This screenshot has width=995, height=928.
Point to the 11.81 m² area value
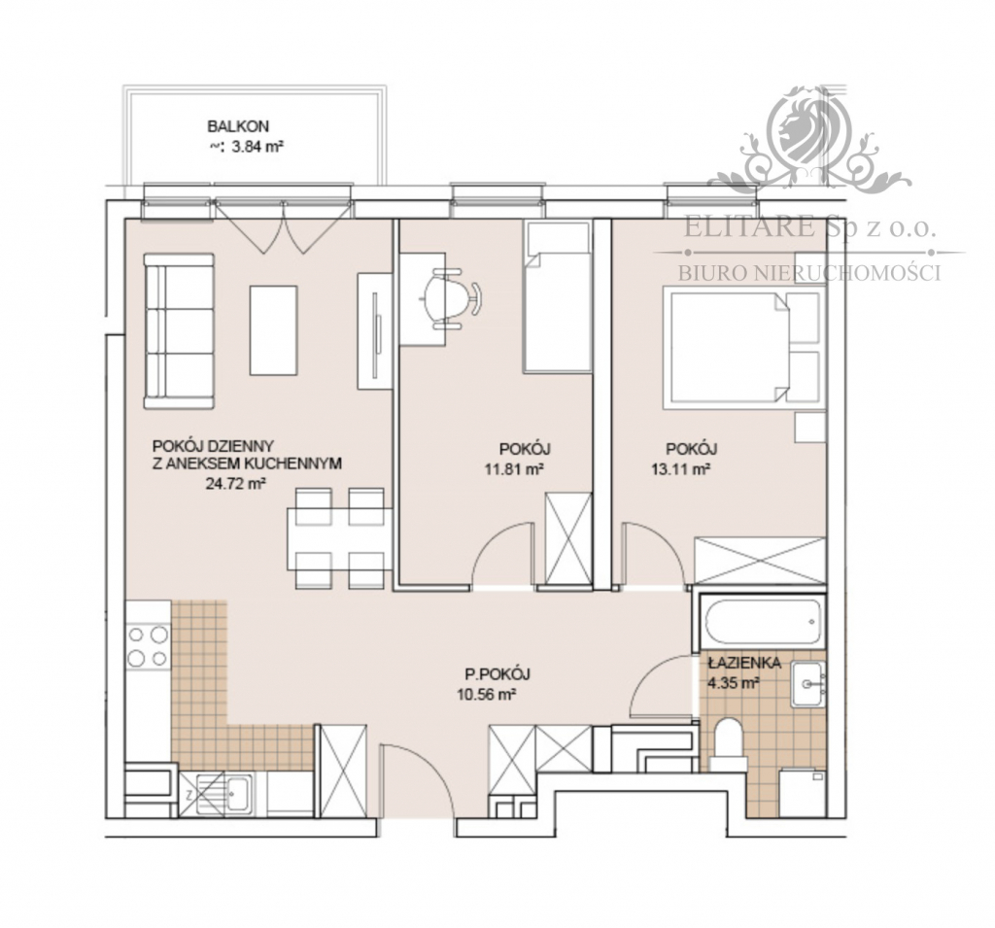coord(515,469)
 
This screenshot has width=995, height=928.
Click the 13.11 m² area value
coord(680,469)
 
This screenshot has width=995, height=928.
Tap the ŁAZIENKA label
coord(743,664)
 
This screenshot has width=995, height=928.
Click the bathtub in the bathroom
coord(762,621)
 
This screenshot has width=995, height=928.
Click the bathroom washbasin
coord(807,684)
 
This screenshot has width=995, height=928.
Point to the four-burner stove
coord(149,646)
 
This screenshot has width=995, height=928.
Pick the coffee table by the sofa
coord(273,330)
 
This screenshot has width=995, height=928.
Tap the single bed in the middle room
coord(557,296)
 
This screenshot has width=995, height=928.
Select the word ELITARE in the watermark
coord(749,227)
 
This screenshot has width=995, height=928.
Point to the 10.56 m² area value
coord(486,695)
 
